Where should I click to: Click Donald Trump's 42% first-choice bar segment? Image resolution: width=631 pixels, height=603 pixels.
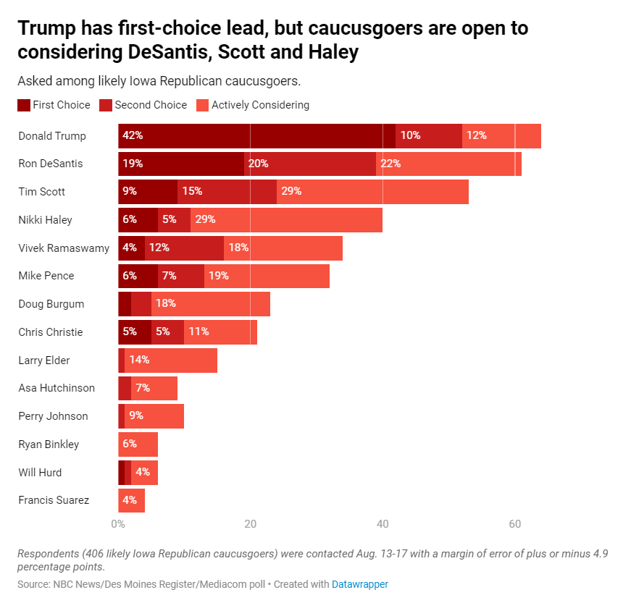(256, 136)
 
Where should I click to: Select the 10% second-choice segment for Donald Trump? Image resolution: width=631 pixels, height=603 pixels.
(429, 136)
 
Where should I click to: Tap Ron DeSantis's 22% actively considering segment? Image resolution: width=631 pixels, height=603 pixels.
(448, 164)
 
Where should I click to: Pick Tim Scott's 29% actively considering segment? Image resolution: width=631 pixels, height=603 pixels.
(372, 192)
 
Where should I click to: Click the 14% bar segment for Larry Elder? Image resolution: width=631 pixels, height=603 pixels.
(171, 360)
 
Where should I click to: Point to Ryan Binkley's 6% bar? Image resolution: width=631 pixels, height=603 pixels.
(138, 444)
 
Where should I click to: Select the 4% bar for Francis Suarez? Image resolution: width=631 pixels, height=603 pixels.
(131, 500)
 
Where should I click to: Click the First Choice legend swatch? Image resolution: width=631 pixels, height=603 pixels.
(24, 106)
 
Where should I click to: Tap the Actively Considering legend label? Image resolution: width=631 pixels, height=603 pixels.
(260, 105)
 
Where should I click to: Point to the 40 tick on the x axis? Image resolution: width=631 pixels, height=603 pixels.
(383, 524)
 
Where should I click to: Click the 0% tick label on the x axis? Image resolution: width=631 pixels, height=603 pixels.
(118, 524)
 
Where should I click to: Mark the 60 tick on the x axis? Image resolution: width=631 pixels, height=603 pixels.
(515, 524)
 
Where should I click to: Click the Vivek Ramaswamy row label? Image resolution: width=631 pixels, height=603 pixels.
(64, 248)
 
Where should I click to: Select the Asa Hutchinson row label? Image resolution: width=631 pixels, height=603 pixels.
(57, 388)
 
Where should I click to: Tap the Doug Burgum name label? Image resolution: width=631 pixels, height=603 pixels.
(51, 304)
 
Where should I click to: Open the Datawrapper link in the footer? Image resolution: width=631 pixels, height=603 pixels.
(360, 584)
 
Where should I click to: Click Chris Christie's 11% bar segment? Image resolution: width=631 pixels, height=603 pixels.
(220, 332)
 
